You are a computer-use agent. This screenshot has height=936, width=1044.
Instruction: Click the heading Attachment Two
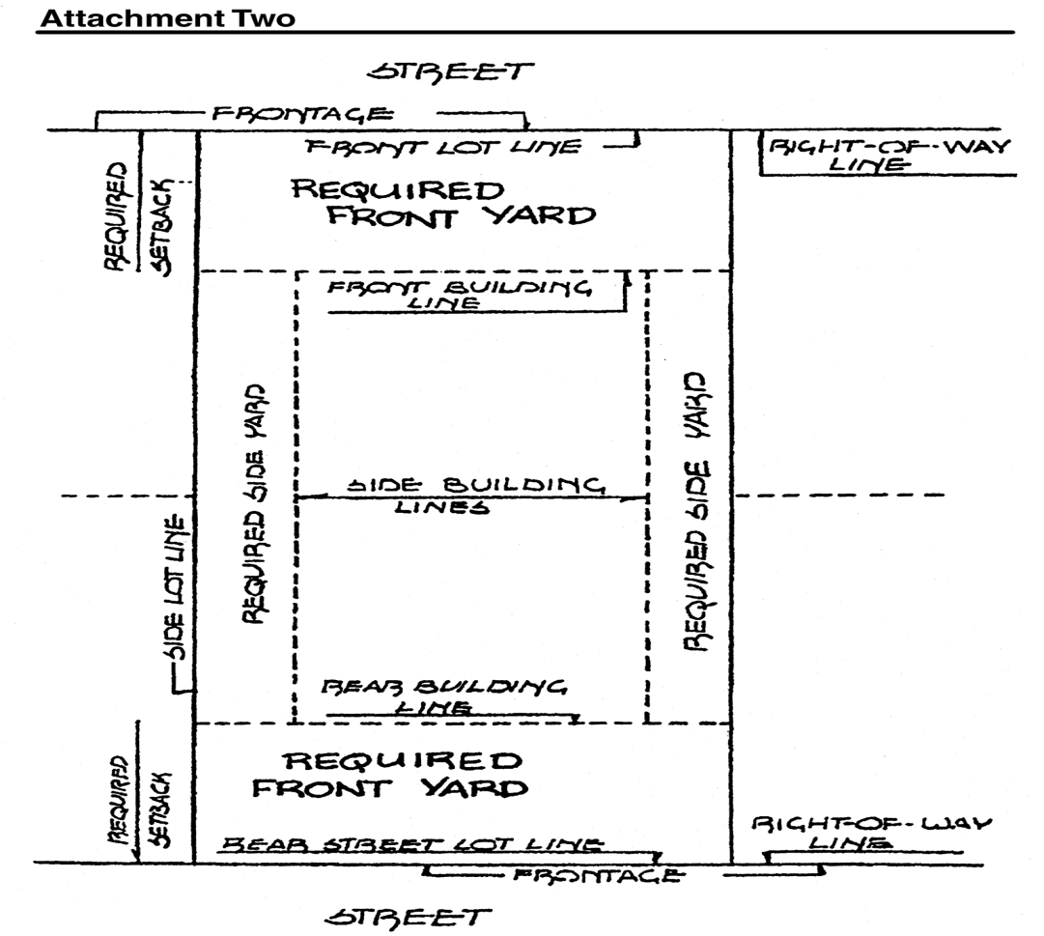pos(165,17)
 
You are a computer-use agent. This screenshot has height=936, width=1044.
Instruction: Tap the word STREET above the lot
pos(450,71)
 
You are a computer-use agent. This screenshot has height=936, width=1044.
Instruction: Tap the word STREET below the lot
pos(409,915)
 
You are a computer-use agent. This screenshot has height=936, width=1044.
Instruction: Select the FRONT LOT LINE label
pos(444,148)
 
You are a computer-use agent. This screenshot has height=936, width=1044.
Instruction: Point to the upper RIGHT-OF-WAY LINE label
pos(888,156)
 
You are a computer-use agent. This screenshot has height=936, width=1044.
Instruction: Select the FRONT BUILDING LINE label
pos(458,295)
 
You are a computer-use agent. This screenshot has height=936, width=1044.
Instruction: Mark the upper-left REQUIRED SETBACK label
pos(140,216)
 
